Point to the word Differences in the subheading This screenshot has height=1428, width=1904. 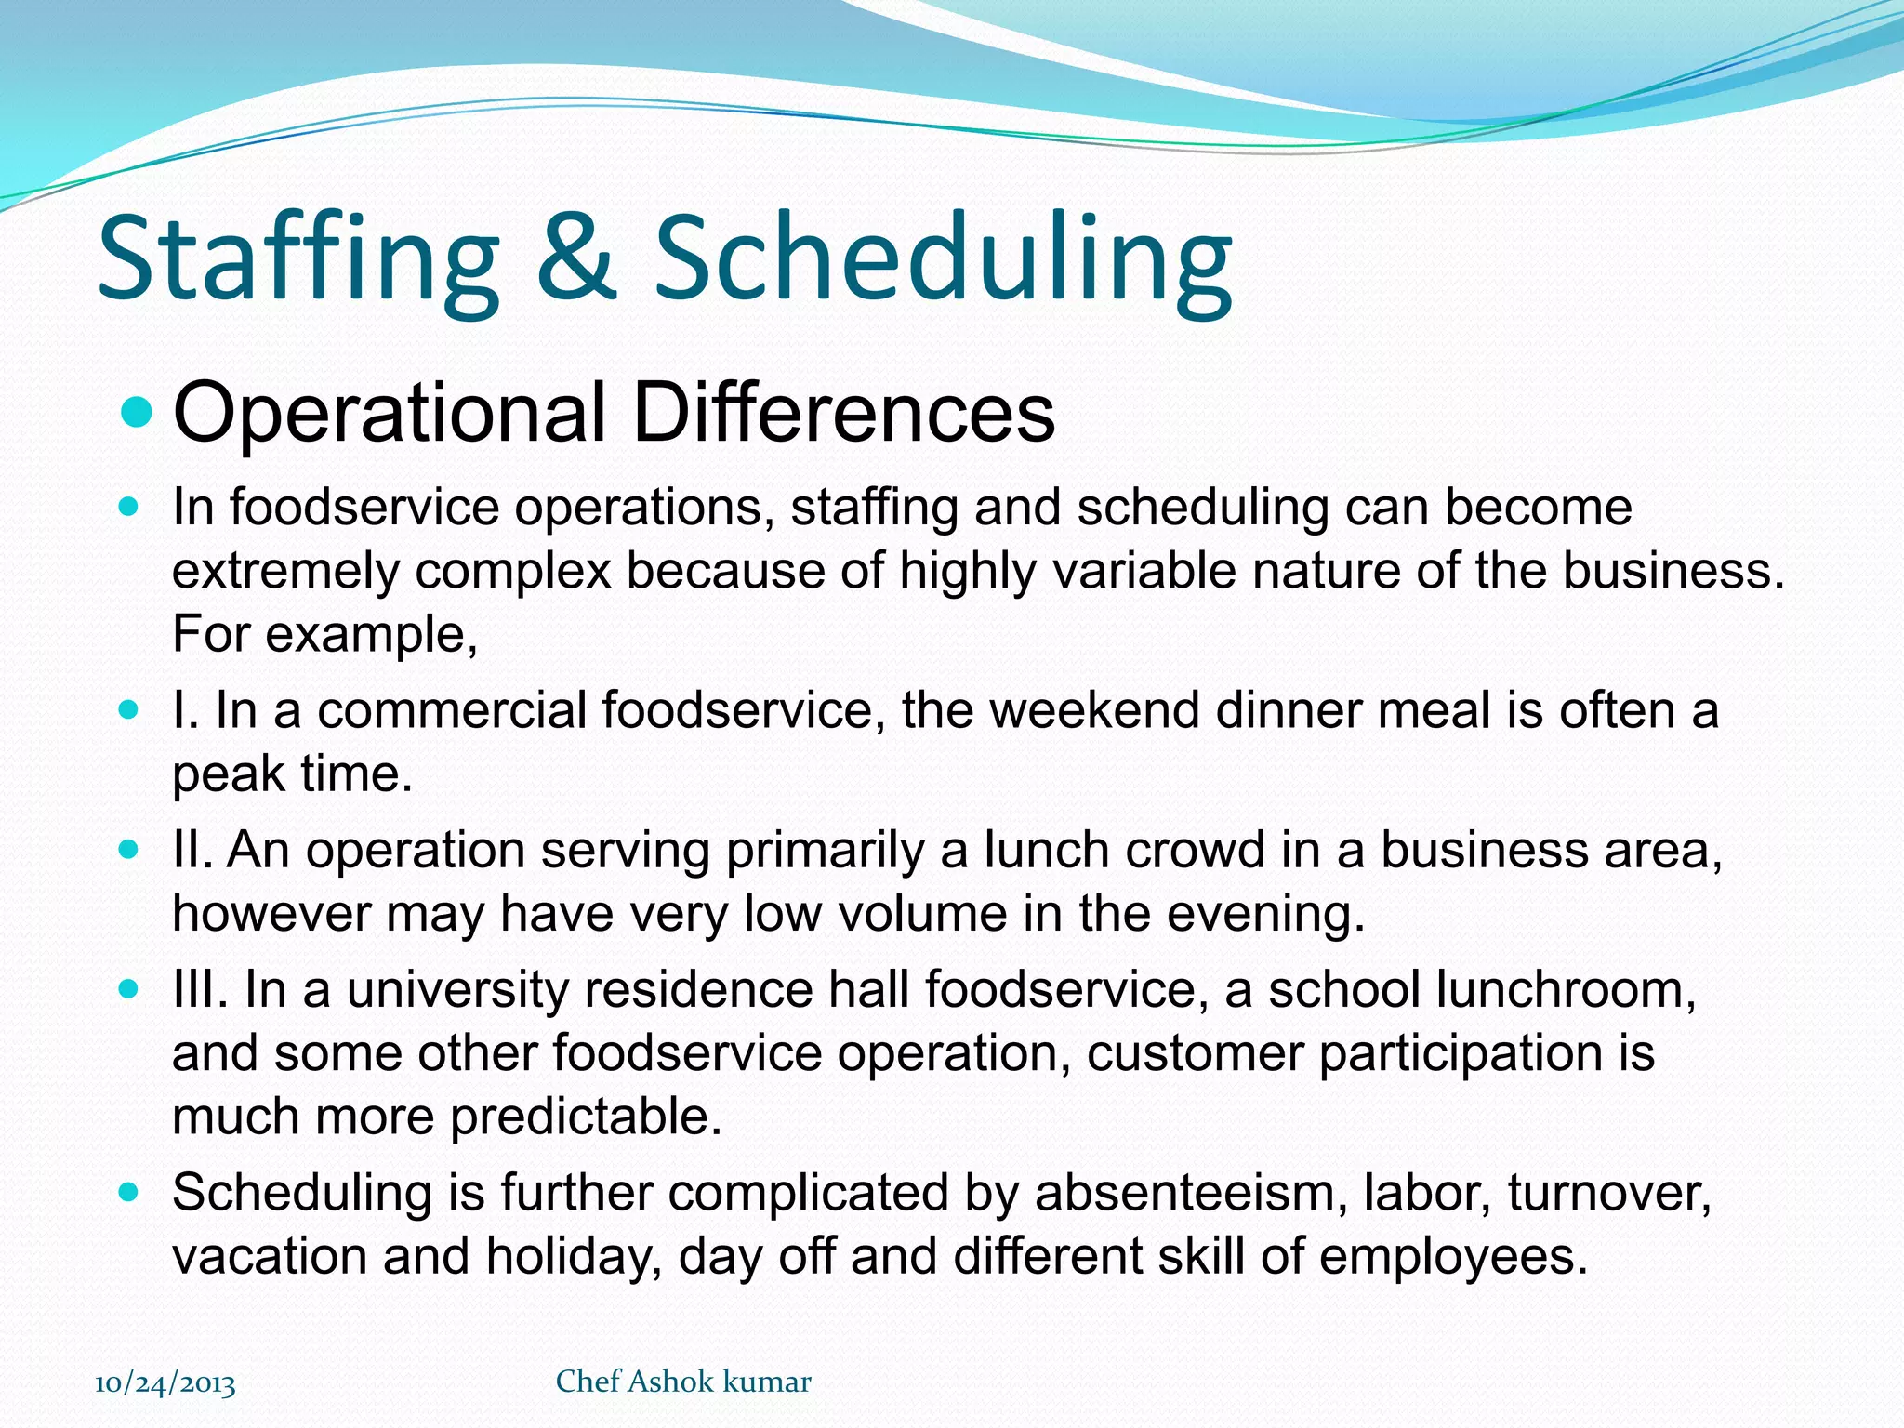click(x=843, y=412)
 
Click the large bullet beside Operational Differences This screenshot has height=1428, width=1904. click(x=137, y=412)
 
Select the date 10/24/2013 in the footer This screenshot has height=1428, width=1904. click(x=165, y=1383)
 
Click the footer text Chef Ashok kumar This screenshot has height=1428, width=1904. click(x=683, y=1382)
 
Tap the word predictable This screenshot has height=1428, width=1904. click(x=586, y=1117)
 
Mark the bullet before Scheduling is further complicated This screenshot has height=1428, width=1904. click(x=129, y=1192)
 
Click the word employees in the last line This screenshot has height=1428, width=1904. click(x=1453, y=1257)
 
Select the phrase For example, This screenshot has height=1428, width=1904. click(x=325, y=635)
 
